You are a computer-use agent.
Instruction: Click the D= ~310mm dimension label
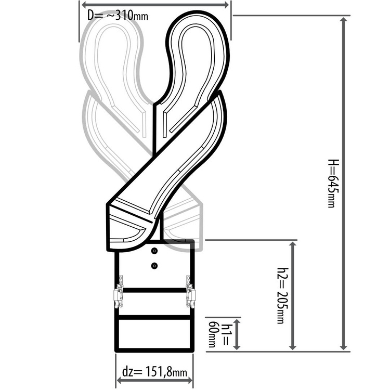point(118,15)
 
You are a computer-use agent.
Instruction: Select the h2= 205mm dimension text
point(281,295)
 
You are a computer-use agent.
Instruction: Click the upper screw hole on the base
point(154,251)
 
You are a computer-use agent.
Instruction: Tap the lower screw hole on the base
point(154,266)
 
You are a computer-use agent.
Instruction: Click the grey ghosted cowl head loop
point(112,52)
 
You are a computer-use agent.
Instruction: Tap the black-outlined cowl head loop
point(198,52)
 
